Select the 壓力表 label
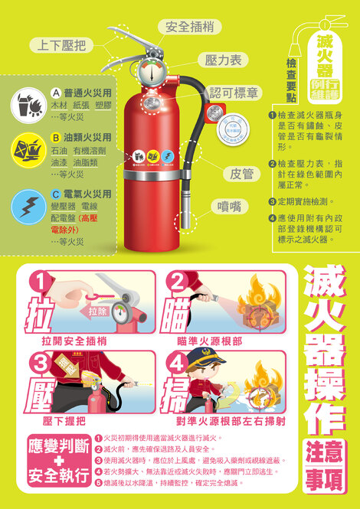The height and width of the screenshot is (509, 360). pos(224,59)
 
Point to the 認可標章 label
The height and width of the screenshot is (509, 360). pos(234,93)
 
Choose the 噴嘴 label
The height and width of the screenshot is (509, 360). pos(231,206)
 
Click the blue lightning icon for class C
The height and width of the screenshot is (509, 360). pos(26,205)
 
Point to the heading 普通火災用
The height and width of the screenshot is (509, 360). pos(87,91)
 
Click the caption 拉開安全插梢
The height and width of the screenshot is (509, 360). pos(74,340)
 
